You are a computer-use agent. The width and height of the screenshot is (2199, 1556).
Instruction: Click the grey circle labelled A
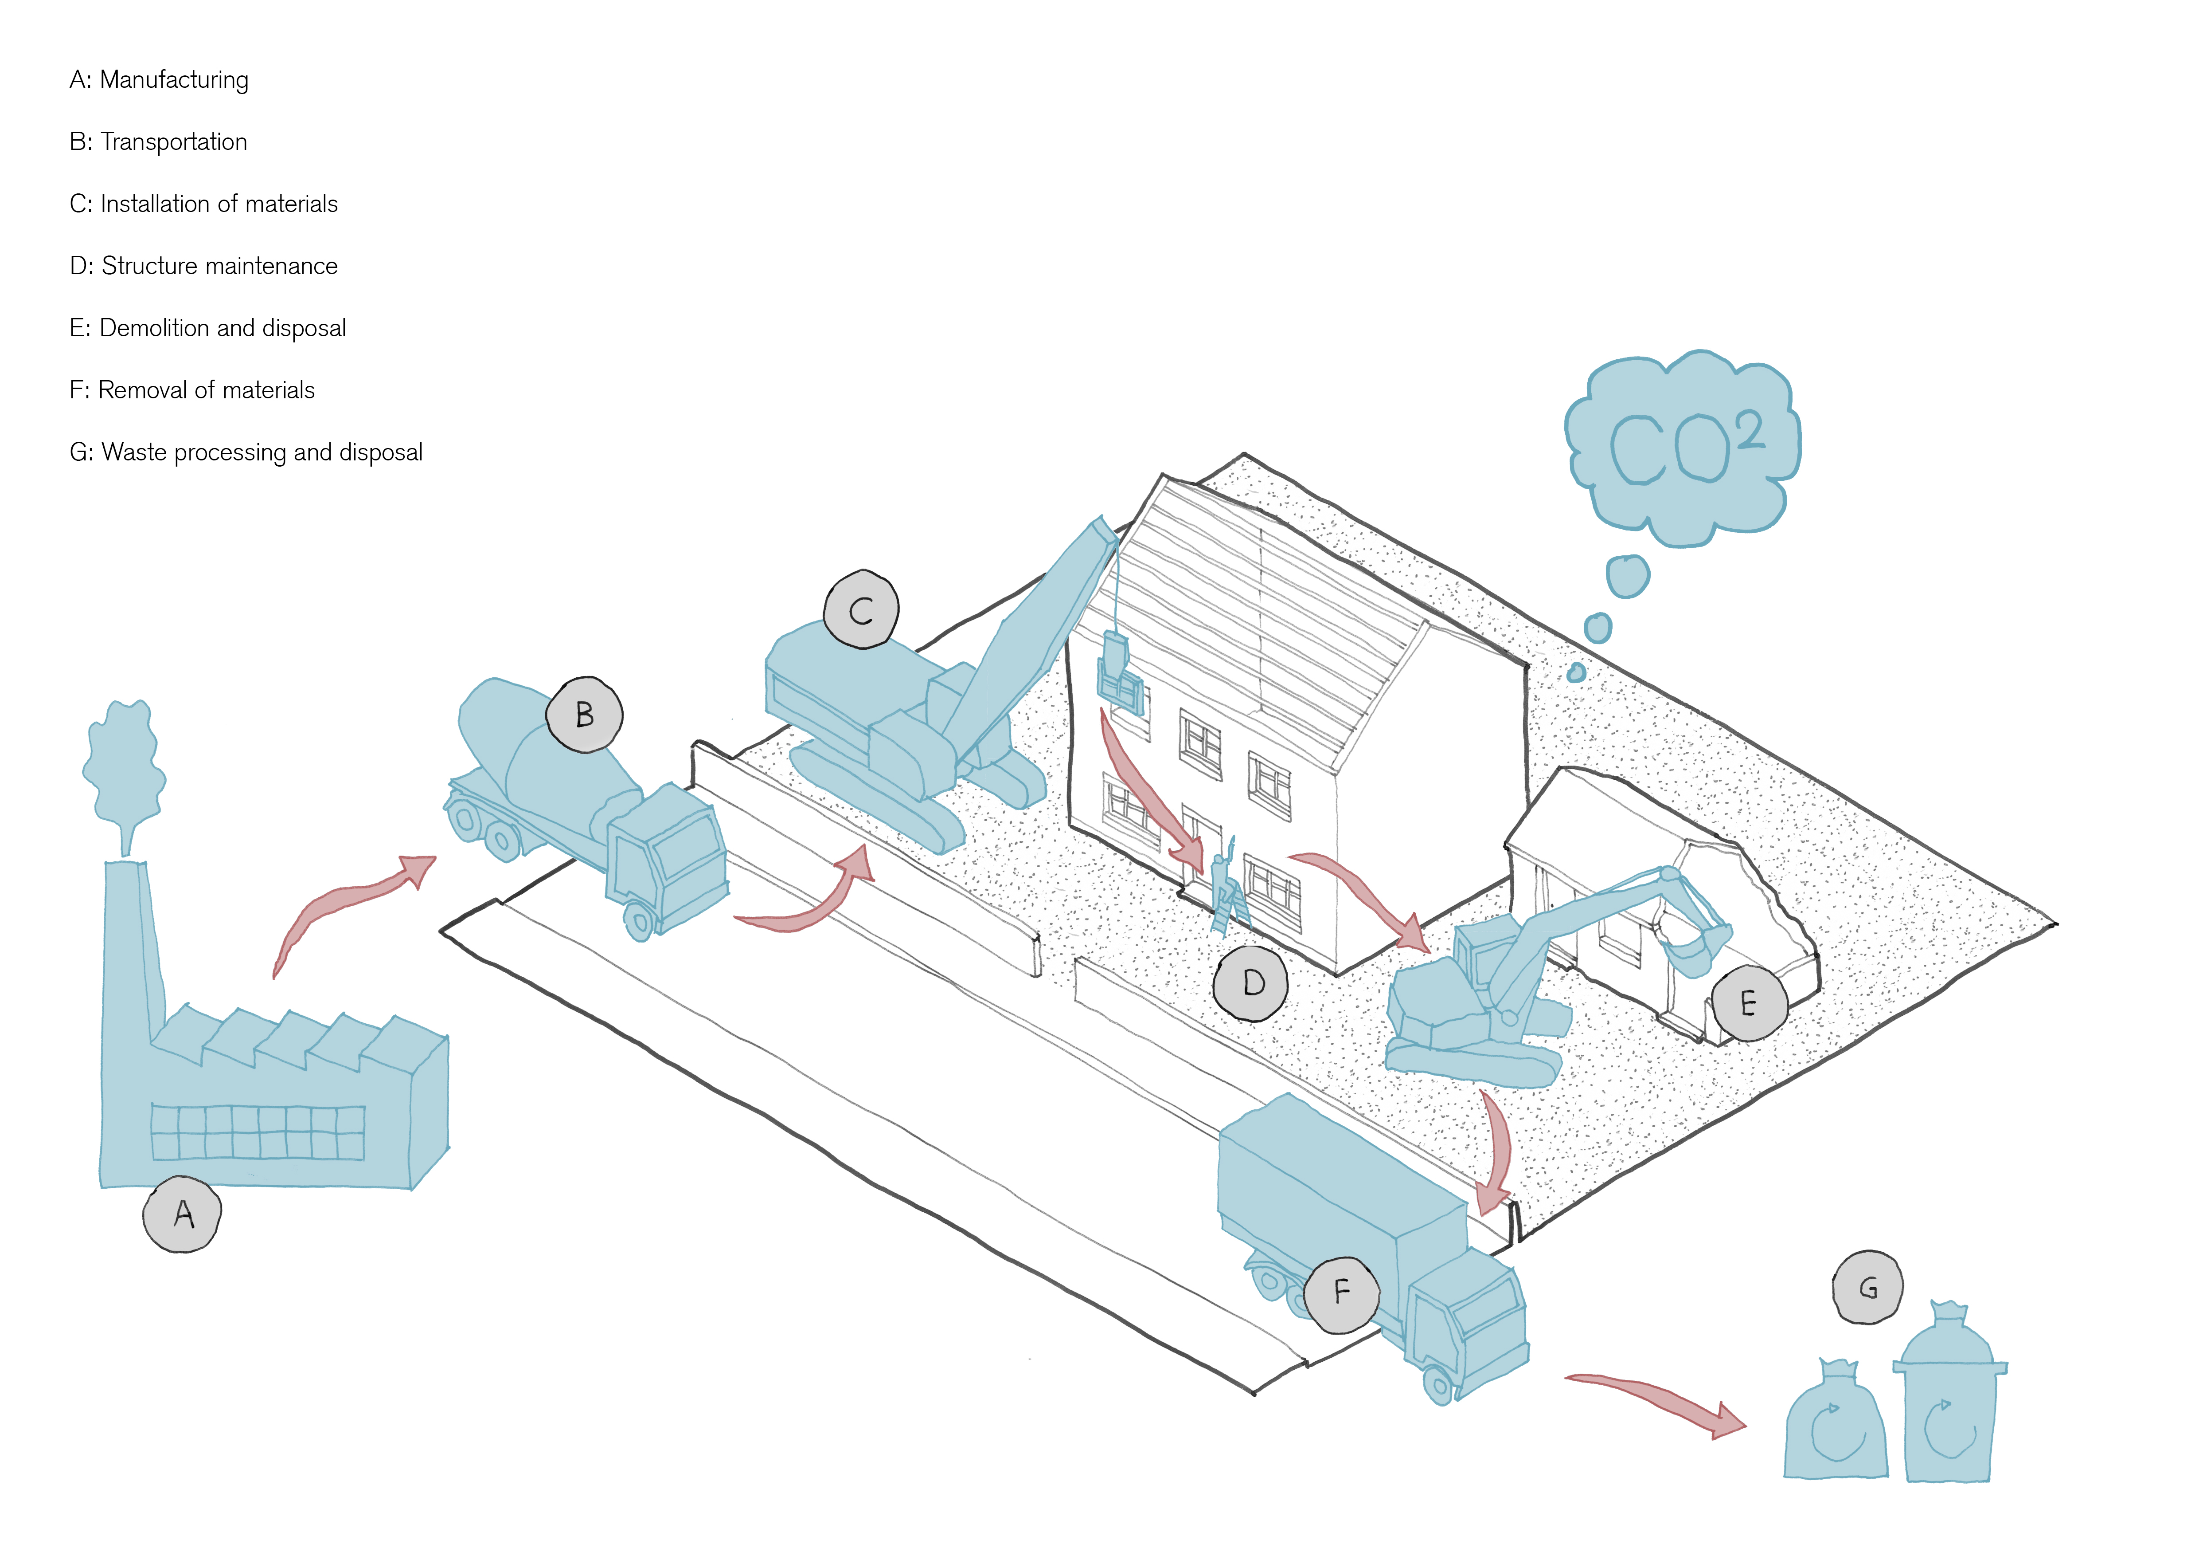[x=182, y=1214]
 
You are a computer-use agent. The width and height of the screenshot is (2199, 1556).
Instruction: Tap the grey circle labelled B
[x=584, y=715]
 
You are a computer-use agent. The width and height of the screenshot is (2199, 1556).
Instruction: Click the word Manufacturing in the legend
[x=174, y=79]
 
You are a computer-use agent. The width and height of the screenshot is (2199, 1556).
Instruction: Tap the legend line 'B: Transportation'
[x=158, y=142]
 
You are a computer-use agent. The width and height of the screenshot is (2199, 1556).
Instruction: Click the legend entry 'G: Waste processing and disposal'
[x=245, y=452]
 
